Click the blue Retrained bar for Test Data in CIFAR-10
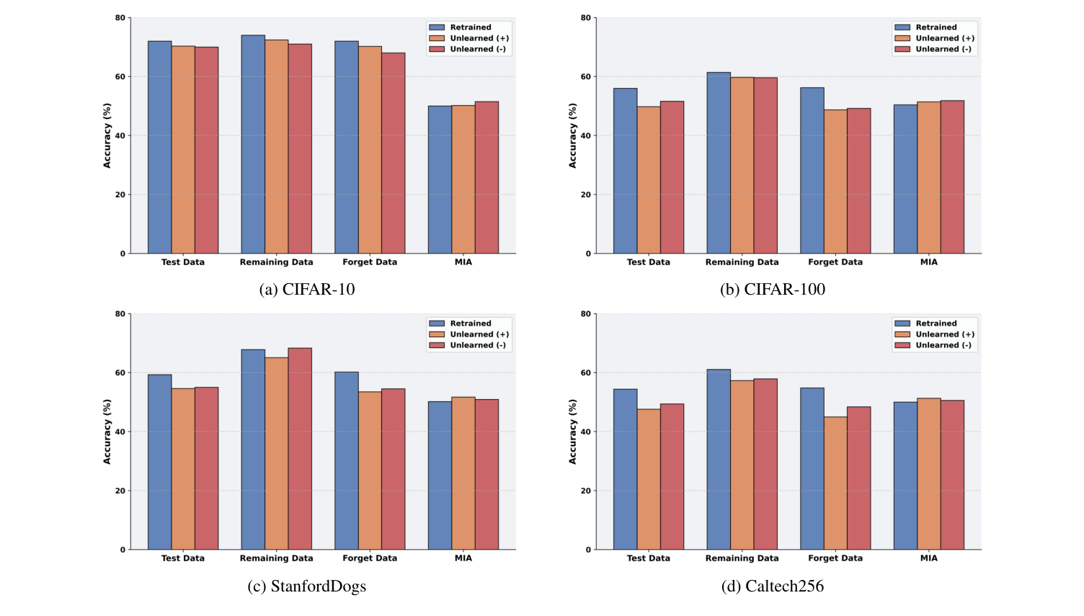point(159,148)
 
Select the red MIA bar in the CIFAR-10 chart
point(487,178)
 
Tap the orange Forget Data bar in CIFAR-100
point(835,182)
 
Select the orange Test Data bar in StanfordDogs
point(183,469)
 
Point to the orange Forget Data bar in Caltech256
point(835,483)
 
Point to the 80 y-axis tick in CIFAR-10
point(120,18)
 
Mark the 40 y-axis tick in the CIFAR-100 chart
point(586,135)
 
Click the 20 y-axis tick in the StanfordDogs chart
point(120,491)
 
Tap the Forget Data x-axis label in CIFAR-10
point(370,262)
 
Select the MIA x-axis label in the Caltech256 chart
point(928,558)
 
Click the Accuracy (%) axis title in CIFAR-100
point(573,135)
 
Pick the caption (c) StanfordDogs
point(306,586)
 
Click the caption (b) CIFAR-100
point(773,290)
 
